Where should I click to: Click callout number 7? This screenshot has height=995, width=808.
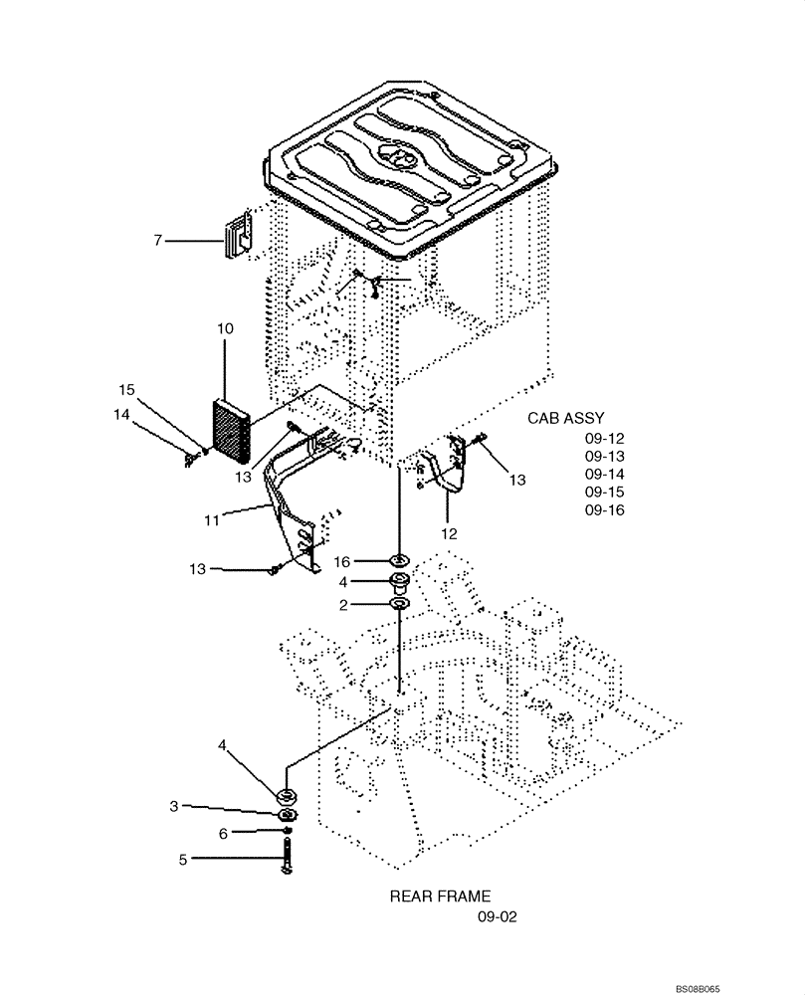pos(157,240)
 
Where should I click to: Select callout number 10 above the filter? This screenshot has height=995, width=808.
pos(225,329)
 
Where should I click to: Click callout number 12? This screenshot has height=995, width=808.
pos(450,534)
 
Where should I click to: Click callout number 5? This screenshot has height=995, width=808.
pos(182,860)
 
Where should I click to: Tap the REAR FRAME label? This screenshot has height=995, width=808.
pos(440,896)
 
